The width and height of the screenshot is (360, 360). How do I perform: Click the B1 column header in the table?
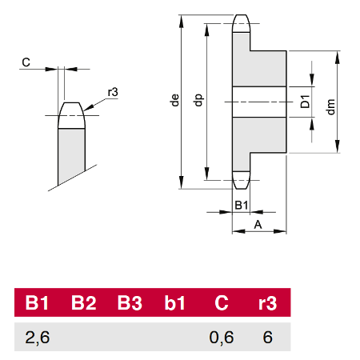pos(37,302)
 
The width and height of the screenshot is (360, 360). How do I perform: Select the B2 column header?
pos(84,302)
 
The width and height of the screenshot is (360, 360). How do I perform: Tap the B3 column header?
pos(130,302)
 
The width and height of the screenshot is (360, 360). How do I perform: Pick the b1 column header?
pos(174,302)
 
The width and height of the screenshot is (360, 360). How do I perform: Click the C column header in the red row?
pos(222,302)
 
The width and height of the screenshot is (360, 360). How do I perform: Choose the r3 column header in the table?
pos(267,303)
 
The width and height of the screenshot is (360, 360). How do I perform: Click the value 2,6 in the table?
pos(38,338)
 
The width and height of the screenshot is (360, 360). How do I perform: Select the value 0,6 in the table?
pos(222,338)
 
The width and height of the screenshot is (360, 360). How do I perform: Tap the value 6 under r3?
pos(267,338)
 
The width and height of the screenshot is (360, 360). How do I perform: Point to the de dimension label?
pos(175,100)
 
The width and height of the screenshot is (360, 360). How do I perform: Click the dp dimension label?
pos(198,100)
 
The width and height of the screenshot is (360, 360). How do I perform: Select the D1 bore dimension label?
pos(305,102)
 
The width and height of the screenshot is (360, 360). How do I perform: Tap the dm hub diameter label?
pos(330,106)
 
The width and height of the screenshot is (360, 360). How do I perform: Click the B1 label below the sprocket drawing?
pos(242,205)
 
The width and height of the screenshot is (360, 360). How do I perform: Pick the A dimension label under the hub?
pos(258,225)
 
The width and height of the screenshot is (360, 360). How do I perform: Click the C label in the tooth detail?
pos(26,62)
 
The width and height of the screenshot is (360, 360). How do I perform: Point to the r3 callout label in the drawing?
pos(113,92)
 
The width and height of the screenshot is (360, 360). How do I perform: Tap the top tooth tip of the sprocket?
pos(242,15)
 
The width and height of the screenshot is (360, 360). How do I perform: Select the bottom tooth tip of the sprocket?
pos(242,188)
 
